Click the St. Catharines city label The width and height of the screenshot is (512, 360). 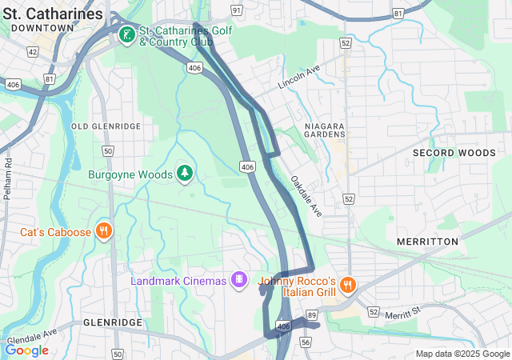pos(53,14)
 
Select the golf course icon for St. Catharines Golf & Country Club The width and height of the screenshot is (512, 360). pos(126,34)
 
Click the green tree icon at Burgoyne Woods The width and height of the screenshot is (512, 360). pos(186,174)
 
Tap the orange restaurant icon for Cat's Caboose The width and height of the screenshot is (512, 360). pos(103,232)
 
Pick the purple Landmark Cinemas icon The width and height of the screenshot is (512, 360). pos(238,280)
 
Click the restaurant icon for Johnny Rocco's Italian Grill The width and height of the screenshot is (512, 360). pos(347,285)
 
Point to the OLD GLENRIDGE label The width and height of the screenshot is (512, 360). pos(106,126)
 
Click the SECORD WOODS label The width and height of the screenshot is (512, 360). pos(454,152)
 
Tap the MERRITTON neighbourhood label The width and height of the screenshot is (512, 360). pos(427,241)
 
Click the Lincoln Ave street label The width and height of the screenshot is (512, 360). pos(298,78)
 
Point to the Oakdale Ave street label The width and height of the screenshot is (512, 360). pos(306,196)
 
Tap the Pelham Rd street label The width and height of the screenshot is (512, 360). pos(8,178)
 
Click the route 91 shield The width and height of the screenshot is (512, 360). pos(236,10)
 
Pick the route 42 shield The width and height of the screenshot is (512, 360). pos(32,51)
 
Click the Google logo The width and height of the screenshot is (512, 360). pos(26,350)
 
